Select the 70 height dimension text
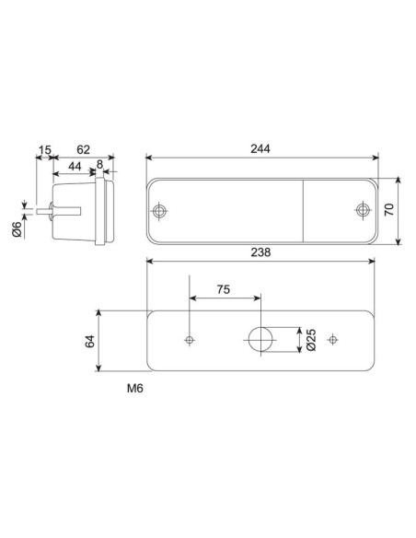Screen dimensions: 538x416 point(389,210)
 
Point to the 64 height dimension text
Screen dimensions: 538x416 point(89,341)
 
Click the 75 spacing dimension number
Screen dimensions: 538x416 point(224,288)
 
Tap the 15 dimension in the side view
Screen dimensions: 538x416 point(44,148)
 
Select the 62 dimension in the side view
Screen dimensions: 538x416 point(83,148)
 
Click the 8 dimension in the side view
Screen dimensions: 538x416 point(99,166)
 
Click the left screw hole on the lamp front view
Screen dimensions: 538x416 point(162,212)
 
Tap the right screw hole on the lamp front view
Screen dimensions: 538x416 point(362,212)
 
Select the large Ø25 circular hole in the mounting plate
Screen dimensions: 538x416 point(260,340)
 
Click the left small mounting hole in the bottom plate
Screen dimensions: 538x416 point(190,340)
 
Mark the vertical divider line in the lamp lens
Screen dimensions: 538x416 point(304,212)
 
